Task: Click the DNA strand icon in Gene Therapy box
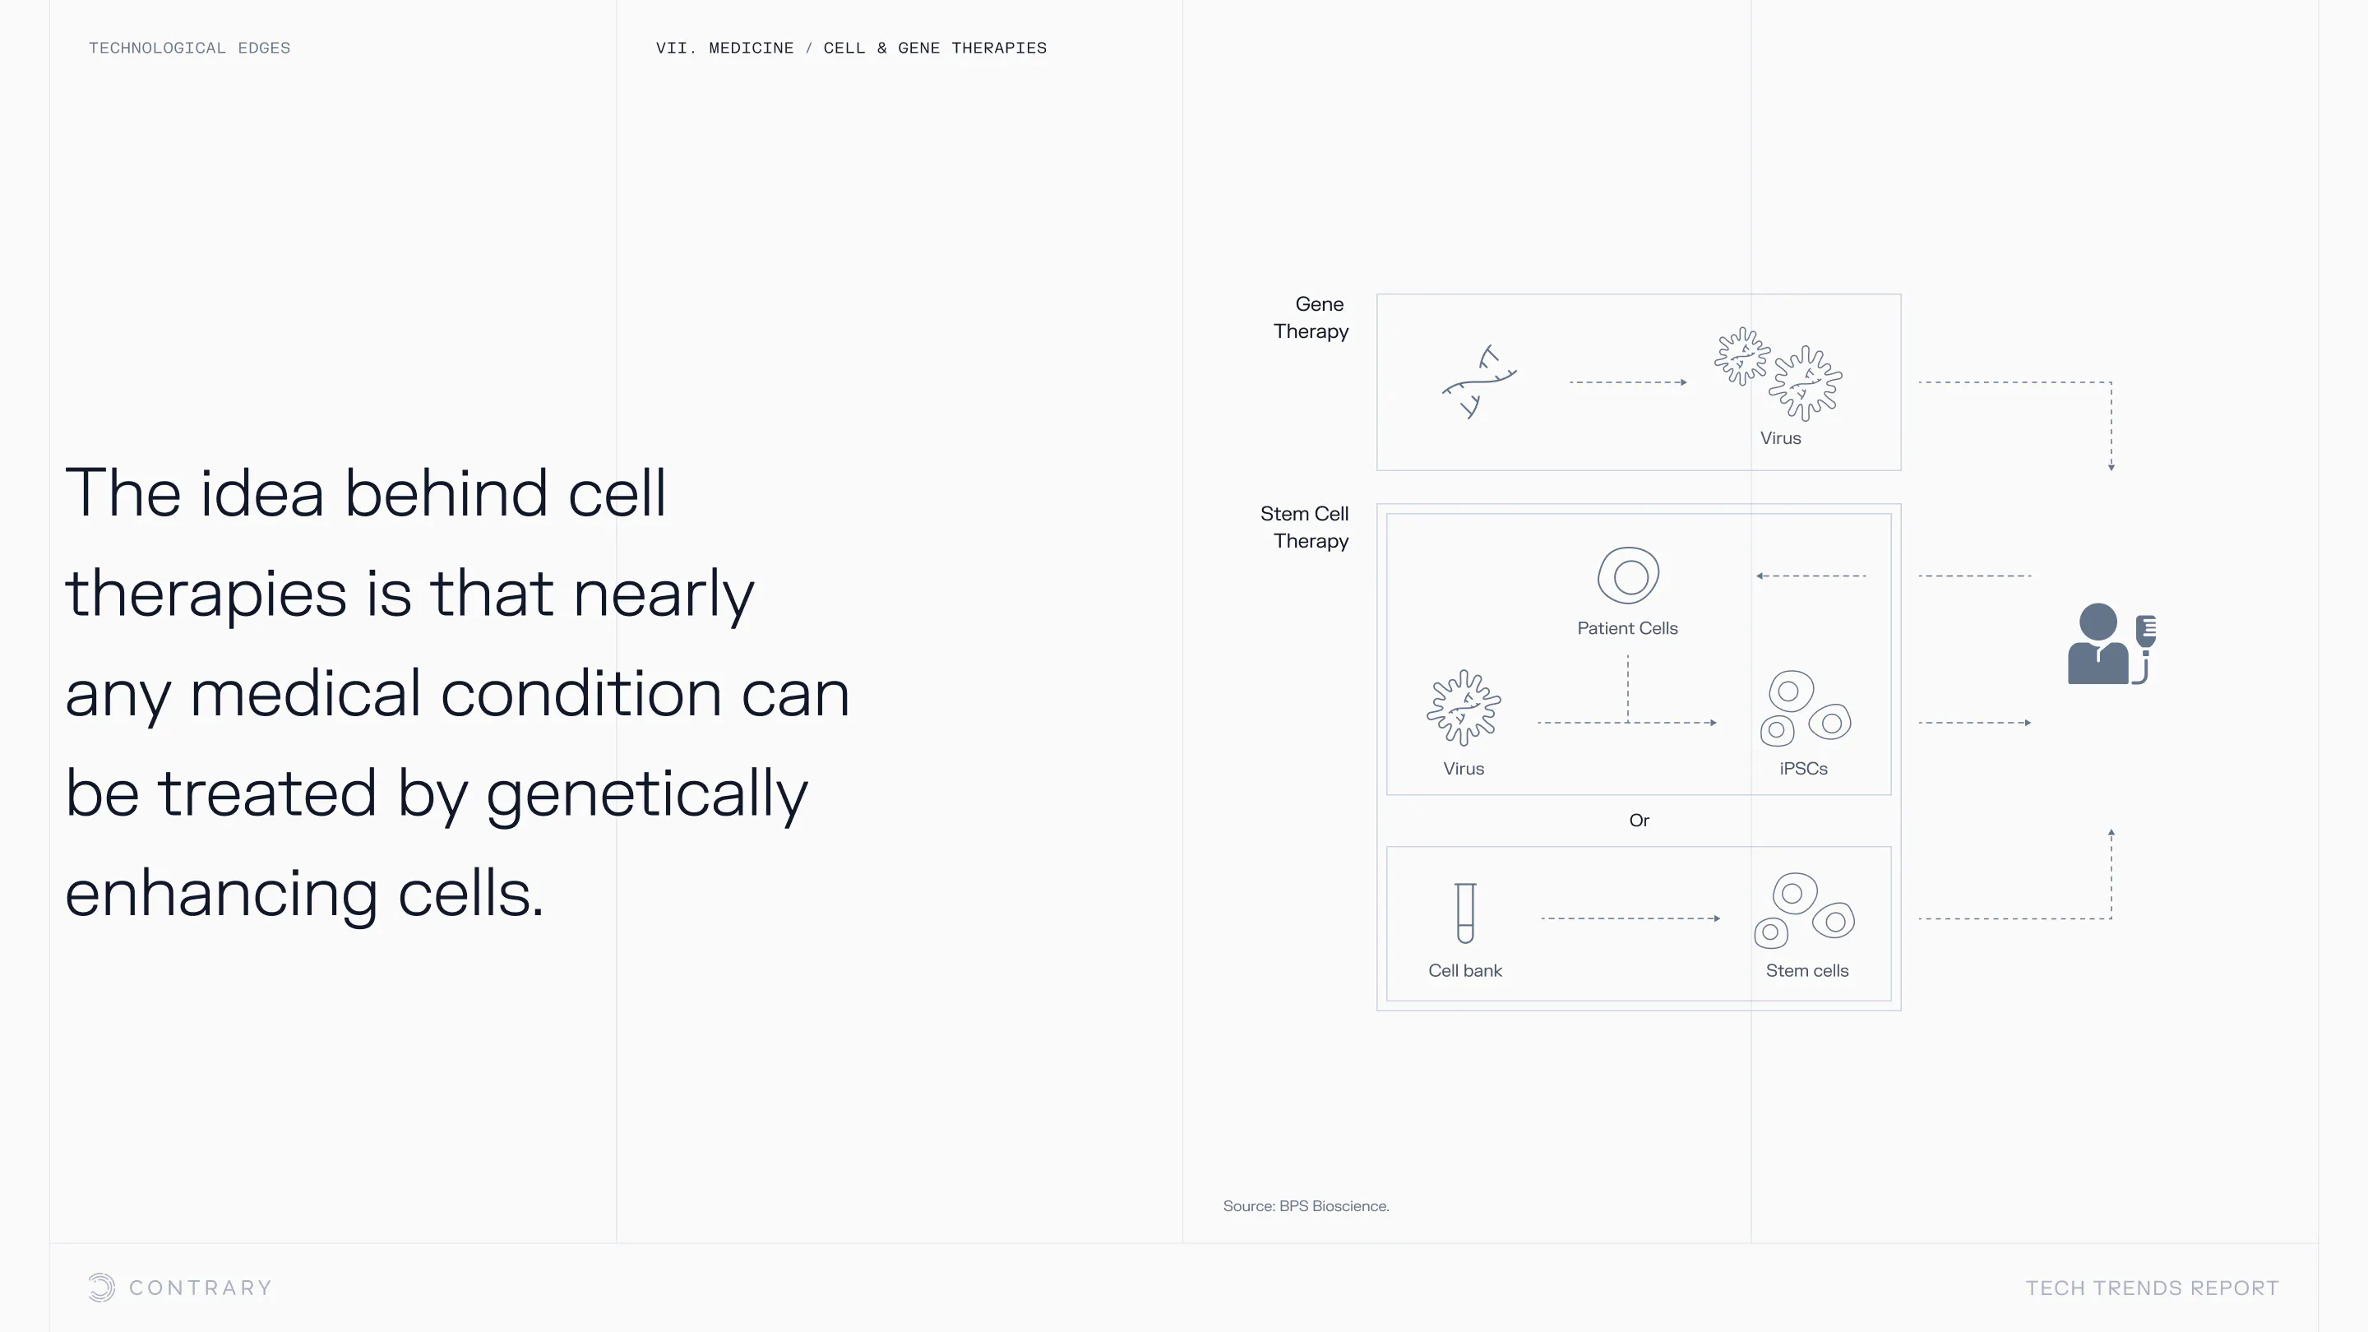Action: tap(1479, 382)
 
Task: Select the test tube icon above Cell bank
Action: tap(1465, 913)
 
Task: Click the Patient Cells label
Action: tap(1627, 629)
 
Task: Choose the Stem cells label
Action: tap(1806, 971)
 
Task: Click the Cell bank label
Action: tap(1465, 971)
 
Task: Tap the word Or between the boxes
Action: tap(1639, 820)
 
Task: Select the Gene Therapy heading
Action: tap(1311, 317)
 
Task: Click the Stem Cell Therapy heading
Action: tap(1304, 527)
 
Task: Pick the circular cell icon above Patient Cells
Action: tap(1628, 576)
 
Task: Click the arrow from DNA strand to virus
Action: tap(1628, 382)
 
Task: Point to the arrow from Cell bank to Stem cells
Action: tap(1630, 918)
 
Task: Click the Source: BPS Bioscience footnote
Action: tap(1306, 1206)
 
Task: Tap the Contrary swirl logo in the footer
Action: tap(101, 1288)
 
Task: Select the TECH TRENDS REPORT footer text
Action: tap(2152, 1288)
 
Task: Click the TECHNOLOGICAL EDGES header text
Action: tap(189, 48)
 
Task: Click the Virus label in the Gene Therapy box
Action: tap(1779, 438)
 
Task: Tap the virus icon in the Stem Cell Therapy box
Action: tap(1464, 708)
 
